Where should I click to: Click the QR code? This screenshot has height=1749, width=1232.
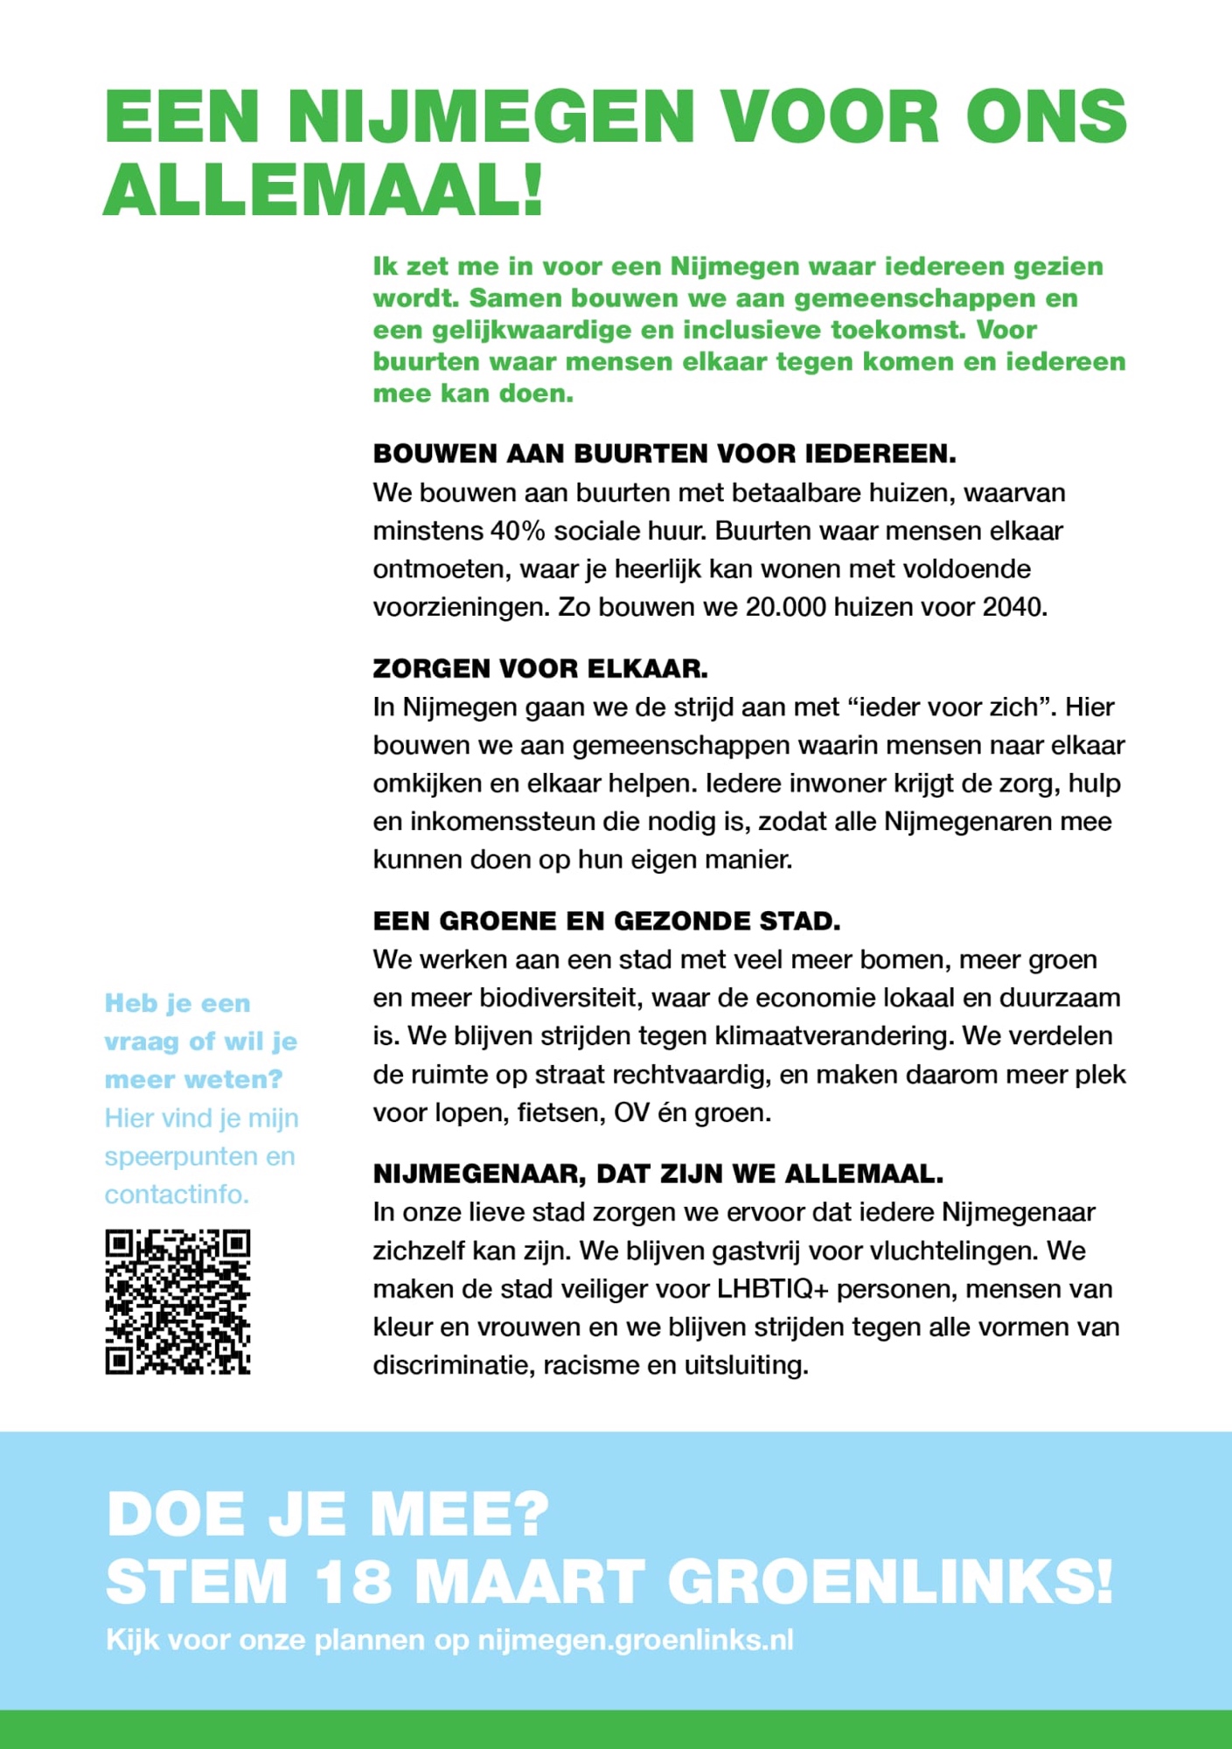pyautogui.click(x=177, y=1301)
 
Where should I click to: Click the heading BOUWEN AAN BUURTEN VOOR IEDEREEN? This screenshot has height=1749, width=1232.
pyautogui.click(x=665, y=454)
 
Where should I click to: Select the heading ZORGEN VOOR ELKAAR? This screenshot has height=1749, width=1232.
pyautogui.click(x=540, y=669)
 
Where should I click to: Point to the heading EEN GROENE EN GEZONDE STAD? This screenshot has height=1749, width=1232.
pyautogui.click(x=607, y=922)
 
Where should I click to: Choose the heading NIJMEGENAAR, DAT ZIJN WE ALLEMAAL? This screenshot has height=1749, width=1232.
pyautogui.click(x=658, y=1174)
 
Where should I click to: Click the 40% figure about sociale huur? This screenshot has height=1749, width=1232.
pyautogui.click(x=519, y=531)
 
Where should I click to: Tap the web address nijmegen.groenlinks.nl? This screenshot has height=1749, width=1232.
pyautogui.click(x=636, y=1641)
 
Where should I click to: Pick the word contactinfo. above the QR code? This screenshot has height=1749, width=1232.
pyautogui.click(x=177, y=1195)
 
